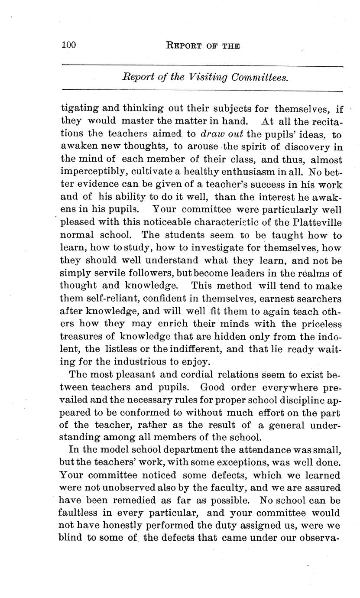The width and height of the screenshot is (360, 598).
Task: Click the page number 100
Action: pos(68,45)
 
